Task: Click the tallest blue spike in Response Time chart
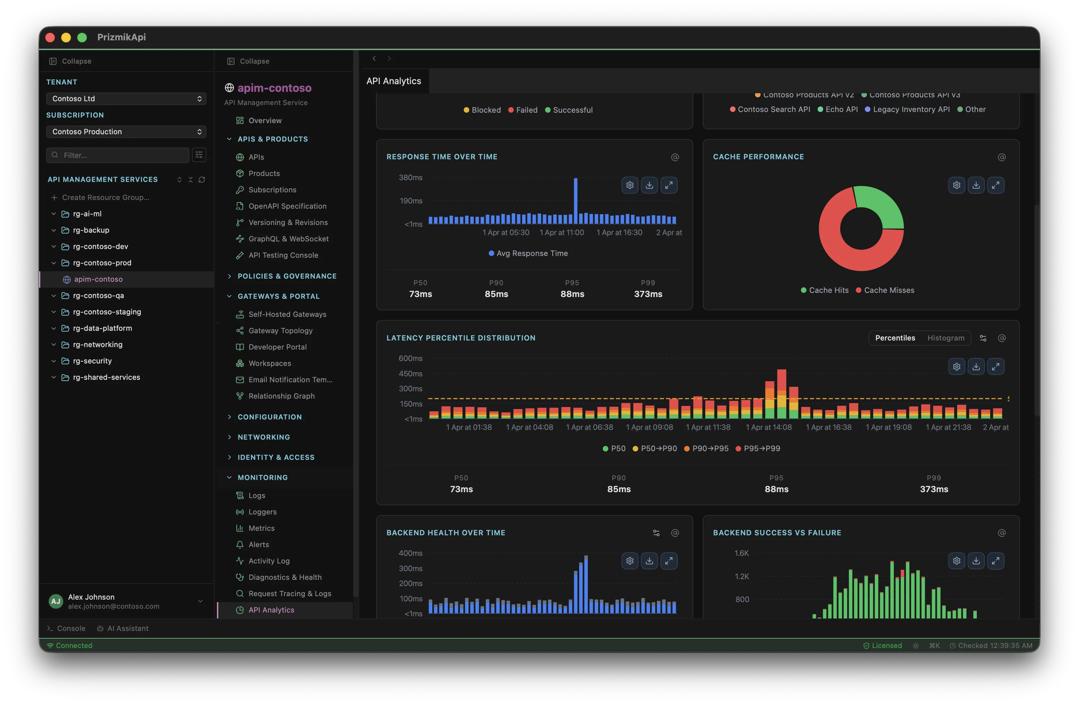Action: click(x=575, y=200)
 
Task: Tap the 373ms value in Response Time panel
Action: click(x=648, y=294)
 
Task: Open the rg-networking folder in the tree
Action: click(x=97, y=345)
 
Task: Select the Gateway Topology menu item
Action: click(x=280, y=331)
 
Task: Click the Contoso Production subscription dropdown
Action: click(x=126, y=131)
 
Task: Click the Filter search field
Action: click(x=118, y=155)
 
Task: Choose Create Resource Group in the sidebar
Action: click(x=105, y=197)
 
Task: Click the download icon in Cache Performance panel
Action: click(x=976, y=185)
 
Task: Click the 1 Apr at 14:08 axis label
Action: click(x=769, y=427)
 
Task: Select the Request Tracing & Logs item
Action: click(x=289, y=593)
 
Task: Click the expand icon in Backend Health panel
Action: click(x=669, y=561)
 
